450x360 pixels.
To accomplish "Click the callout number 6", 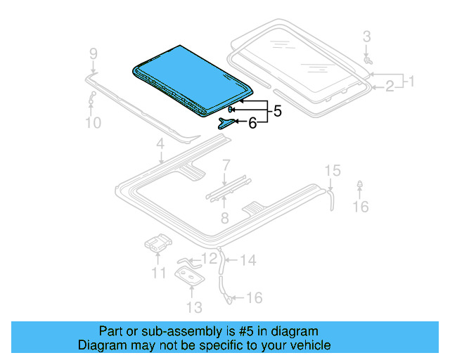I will pyautogui.click(x=252, y=123).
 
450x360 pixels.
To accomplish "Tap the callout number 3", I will pyautogui.click(x=366, y=37).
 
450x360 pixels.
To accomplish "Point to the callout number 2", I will pyautogui.click(x=389, y=86).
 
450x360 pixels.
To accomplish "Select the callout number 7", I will pyautogui.click(x=226, y=166).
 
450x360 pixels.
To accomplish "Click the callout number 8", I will pyautogui.click(x=224, y=218).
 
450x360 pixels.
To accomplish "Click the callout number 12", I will pyautogui.click(x=210, y=259).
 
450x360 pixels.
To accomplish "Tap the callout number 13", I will pyautogui.click(x=194, y=307).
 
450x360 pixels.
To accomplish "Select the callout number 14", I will pyautogui.click(x=248, y=261).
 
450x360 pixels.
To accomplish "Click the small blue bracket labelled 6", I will pyautogui.click(x=226, y=123).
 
